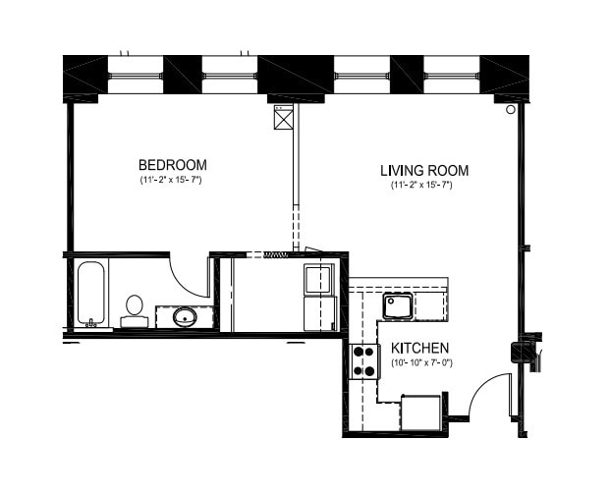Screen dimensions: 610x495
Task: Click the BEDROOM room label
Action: (x=173, y=165)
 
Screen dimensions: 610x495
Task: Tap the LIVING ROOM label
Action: (x=424, y=170)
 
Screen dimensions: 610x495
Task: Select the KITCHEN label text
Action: (x=419, y=348)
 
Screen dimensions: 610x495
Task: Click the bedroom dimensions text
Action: (x=171, y=180)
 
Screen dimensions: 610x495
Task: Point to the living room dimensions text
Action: (x=421, y=185)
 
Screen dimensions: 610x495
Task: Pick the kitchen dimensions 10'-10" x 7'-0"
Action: (x=421, y=363)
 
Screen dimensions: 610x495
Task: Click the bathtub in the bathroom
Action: (x=91, y=294)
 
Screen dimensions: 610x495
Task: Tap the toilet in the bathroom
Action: (x=135, y=310)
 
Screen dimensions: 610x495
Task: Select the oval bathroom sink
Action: (x=185, y=317)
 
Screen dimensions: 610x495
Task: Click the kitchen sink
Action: (x=397, y=305)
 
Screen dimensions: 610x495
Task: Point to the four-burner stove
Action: (x=364, y=361)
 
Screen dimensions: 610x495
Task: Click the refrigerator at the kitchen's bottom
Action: (x=421, y=412)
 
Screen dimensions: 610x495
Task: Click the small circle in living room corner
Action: (x=511, y=110)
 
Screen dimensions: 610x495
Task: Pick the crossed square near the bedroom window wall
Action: (x=284, y=119)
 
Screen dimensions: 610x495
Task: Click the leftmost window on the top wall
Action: (x=135, y=75)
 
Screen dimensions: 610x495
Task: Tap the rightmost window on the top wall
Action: (x=451, y=75)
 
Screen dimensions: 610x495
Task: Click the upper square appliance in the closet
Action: (x=318, y=279)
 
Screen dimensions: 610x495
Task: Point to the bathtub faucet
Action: (x=91, y=323)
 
